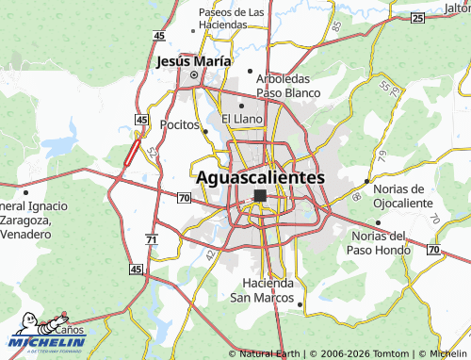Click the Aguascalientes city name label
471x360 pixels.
pyautogui.click(x=261, y=176)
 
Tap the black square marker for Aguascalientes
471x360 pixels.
pyautogui.click(x=260, y=196)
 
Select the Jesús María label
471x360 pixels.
pyautogui.click(x=192, y=60)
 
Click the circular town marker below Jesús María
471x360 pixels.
pyautogui.click(x=194, y=75)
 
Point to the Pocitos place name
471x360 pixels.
pyautogui.click(x=179, y=124)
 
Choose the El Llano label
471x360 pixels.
pyautogui.click(x=242, y=119)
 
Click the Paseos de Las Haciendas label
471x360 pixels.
pyautogui.click(x=231, y=18)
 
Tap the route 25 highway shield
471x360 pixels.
pyautogui.click(x=417, y=17)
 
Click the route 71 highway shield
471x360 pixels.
pyautogui.click(x=151, y=241)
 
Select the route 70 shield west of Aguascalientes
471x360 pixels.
pyautogui.click(x=184, y=197)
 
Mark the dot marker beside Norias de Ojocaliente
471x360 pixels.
pyautogui.click(x=367, y=181)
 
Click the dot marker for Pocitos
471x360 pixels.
pyautogui.click(x=204, y=132)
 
